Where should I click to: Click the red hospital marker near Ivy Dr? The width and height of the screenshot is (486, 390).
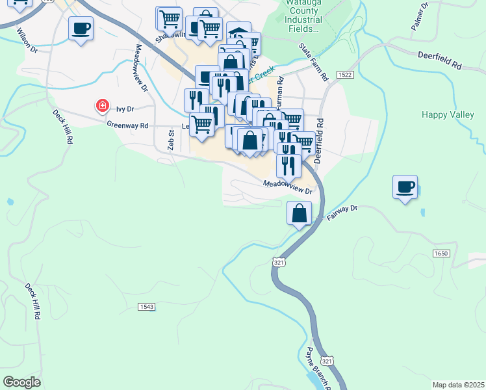(x=102, y=105)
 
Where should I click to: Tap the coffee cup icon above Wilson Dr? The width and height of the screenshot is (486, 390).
(x=81, y=29)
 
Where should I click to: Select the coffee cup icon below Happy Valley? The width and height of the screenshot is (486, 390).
(x=405, y=187)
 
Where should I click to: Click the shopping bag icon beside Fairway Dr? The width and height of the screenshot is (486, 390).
(x=299, y=213)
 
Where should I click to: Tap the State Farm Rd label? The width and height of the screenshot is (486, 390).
(x=314, y=62)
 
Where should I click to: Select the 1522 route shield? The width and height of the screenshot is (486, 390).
(x=345, y=75)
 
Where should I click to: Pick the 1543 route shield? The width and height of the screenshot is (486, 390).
(x=146, y=306)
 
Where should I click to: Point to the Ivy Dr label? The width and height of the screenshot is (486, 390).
(x=125, y=109)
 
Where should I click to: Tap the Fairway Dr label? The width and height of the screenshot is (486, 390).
(x=342, y=212)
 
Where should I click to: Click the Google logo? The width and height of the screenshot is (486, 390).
(x=21, y=382)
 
